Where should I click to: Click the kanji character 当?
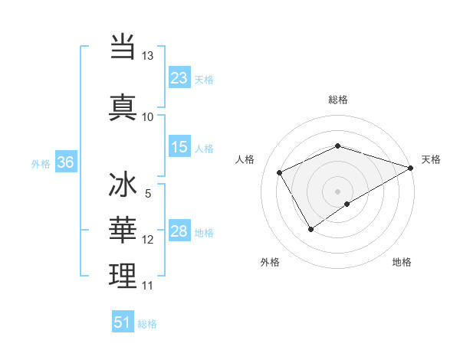pyautogui.click(x=123, y=47)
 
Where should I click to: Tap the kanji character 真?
pyautogui.click(x=123, y=106)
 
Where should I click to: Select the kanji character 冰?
pyautogui.click(x=123, y=185)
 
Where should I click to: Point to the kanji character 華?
pyautogui.click(x=123, y=230)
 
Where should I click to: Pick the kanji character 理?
pyautogui.click(x=123, y=276)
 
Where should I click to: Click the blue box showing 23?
pyautogui.click(x=179, y=77)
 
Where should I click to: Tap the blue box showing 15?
pyautogui.click(x=179, y=147)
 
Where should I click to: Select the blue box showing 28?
pyautogui.click(x=179, y=231)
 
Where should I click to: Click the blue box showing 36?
pyautogui.click(x=65, y=162)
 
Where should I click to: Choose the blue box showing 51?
pyautogui.click(x=123, y=322)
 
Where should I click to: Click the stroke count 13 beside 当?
pyautogui.click(x=147, y=56)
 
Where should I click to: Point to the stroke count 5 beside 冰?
pyautogui.click(x=148, y=194)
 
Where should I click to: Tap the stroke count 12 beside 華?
pyautogui.click(x=148, y=240)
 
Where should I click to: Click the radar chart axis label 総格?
pyautogui.click(x=338, y=100)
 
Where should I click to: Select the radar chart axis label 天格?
pyautogui.click(x=432, y=159)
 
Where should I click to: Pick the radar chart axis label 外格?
pyautogui.click(x=270, y=262)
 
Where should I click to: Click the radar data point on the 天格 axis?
pyautogui.click(x=411, y=167)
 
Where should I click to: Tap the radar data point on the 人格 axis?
pyautogui.click(x=279, y=172)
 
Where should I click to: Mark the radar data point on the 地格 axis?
pyautogui.click(x=347, y=204)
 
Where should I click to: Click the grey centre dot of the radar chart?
pyautogui.click(x=337, y=191)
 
